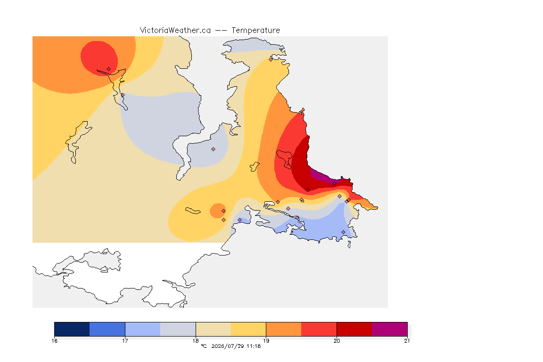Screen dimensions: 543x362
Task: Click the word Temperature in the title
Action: pyautogui.click(x=255, y=31)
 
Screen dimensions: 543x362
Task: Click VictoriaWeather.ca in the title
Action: pyautogui.click(x=175, y=31)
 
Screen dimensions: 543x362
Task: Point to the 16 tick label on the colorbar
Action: pyautogui.click(x=54, y=341)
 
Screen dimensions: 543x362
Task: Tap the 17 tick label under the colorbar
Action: pyautogui.click(x=125, y=341)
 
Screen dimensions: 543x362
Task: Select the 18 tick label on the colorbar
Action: pyautogui.click(x=196, y=341)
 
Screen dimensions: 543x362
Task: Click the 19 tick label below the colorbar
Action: pyautogui.click(x=266, y=341)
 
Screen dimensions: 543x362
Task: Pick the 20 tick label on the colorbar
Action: pyautogui.click(x=337, y=341)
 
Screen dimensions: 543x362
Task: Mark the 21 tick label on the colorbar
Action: pyautogui.click(x=407, y=341)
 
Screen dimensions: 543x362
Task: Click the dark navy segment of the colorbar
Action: pyautogui.click(x=72, y=329)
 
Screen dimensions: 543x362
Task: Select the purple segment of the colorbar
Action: pyautogui.click(x=390, y=329)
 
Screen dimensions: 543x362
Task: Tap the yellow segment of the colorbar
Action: pyautogui.click(x=248, y=329)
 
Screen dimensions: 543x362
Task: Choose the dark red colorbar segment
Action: pyautogui.click(x=354, y=329)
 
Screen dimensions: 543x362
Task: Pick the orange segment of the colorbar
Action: pyautogui.click(x=284, y=329)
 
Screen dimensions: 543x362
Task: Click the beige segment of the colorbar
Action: pyautogui.click(x=214, y=329)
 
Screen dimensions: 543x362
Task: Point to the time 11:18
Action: pyautogui.click(x=254, y=346)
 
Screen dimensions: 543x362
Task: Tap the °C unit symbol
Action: pyautogui.click(x=204, y=346)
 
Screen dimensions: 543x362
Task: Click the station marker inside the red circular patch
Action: pyautogui.click(x=109, y=69)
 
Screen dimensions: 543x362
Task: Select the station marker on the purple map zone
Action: pyautogui.click(x=334, y=184)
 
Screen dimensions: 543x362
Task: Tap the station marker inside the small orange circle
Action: pyautogui.click(x=224, y=211)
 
